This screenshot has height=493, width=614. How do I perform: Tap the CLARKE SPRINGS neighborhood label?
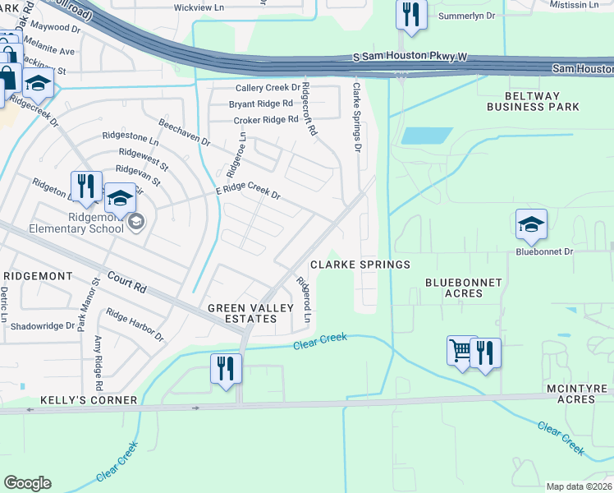360,265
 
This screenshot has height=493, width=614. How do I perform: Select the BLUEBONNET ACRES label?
463,288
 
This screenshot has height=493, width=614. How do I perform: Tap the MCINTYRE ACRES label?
570,394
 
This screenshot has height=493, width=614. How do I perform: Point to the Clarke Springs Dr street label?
357,117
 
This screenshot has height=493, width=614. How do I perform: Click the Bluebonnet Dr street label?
543,252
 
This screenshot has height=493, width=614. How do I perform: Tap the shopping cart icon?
461,351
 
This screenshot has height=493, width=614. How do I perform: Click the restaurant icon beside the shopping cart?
486,352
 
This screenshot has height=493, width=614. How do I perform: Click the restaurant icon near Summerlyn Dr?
410,15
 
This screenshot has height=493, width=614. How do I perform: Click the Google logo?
28,483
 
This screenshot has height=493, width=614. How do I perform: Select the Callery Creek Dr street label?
268,88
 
